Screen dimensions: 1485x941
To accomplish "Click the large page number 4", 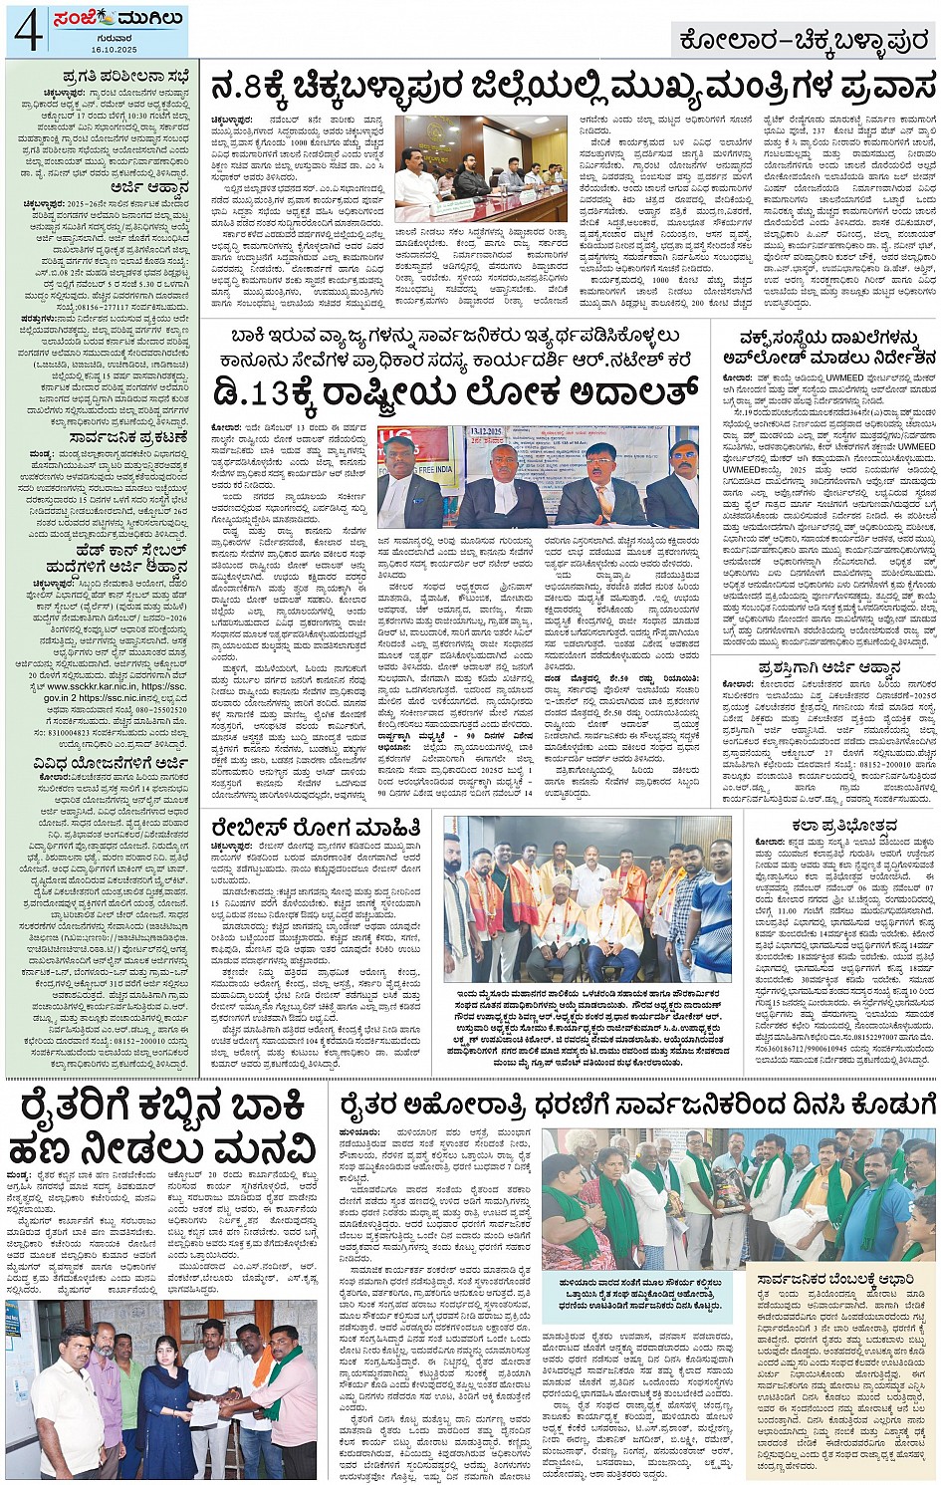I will (27, 30).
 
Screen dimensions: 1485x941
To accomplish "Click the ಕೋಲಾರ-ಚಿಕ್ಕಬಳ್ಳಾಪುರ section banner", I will (802, 41).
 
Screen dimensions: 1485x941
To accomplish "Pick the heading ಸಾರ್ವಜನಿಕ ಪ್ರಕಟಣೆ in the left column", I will (116, 436).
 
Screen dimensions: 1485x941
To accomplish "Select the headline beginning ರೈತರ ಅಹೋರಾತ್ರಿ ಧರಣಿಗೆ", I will (637, 1105).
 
